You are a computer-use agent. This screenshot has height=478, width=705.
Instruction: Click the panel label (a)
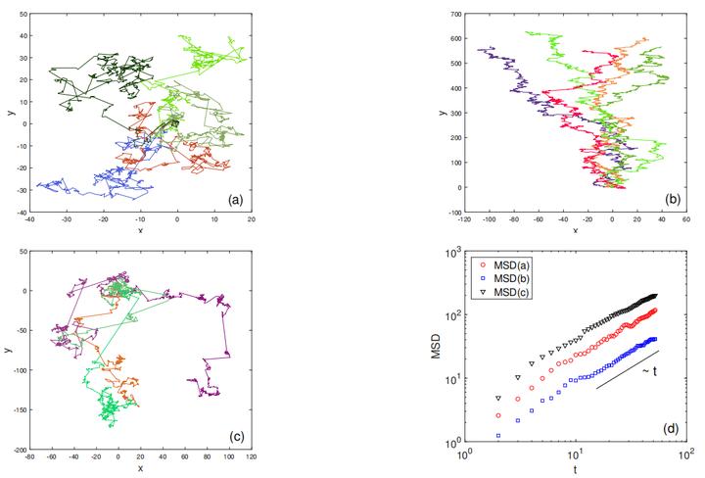(x=234, y=200)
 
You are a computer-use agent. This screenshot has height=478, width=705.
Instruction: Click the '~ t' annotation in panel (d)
(x=650, y=372)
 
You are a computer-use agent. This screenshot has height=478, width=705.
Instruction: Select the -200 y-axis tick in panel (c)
(x=18, y=449)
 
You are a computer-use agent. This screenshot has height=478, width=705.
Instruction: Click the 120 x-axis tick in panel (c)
(x=253, y=456)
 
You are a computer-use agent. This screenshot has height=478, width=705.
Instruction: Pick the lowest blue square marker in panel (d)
(x=498, y=435)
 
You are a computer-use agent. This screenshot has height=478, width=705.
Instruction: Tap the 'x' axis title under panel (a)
(x=140, y=231)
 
